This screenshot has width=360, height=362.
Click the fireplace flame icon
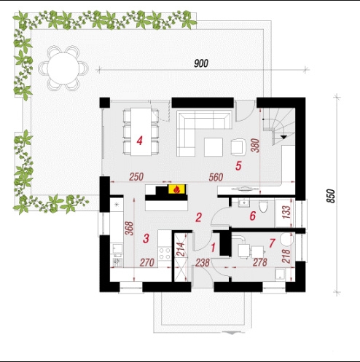[x=177, y=189]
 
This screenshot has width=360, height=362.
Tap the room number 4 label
[x=139, y=141]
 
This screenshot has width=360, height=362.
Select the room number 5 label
[x=238, y=166]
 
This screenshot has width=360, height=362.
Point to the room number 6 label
[x=253, y=216]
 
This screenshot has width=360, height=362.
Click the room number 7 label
[x=272, y=243]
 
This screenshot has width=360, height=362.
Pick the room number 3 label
[x=146, y=238]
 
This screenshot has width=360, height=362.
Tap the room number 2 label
[x=198, y=217]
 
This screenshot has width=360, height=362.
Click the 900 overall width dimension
[x=201, y=63]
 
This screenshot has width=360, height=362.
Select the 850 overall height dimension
[x=331, y=196]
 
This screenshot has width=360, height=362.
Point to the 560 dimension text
[x=216, y=177]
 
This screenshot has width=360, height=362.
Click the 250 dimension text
[x=136, y=177]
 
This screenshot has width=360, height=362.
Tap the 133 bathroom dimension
[x=286, y=212]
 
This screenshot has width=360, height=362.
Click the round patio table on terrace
[x=63, y=68]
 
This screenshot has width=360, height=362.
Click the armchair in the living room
[x=238, y=147]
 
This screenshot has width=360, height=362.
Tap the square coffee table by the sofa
[x=214, y=147]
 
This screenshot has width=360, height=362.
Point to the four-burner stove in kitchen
[x=165, y=253]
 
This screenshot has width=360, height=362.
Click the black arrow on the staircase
[x=283, y=137]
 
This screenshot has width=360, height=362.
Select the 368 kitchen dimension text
[x=130, y=228]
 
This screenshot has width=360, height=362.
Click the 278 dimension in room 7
[x=260, y=262]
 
